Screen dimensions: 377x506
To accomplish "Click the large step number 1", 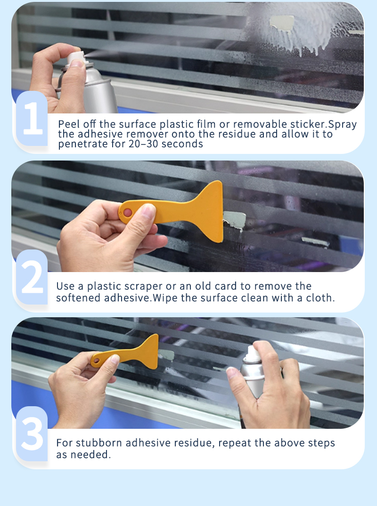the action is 33,119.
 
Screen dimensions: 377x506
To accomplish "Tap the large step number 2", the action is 33,277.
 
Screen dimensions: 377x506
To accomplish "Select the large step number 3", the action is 32,434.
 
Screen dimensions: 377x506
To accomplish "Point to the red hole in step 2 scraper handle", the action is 128,213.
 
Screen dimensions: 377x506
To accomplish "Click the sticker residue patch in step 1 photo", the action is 282,23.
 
